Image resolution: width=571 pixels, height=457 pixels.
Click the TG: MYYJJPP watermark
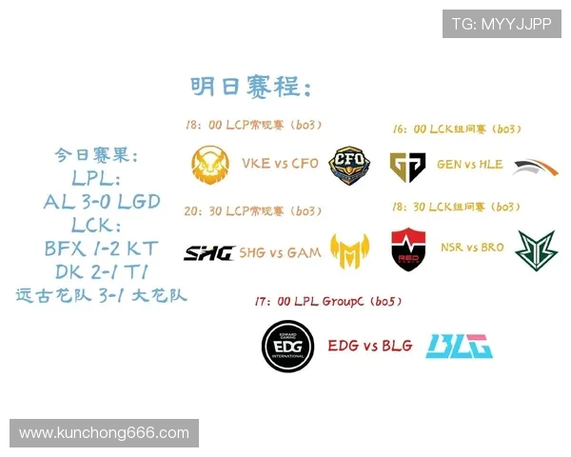(502, 23)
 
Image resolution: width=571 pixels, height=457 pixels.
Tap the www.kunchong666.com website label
(104, 433)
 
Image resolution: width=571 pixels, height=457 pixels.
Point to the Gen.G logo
(407, 166)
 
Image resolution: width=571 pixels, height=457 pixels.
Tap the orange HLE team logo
(536, 168)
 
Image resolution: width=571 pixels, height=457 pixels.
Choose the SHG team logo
(208, 252)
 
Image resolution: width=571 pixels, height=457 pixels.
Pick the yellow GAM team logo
(349, 251)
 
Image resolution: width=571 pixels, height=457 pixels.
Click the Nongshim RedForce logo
(408, 249)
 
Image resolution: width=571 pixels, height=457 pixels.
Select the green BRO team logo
(536, 250)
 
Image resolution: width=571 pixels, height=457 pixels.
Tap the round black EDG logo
(288, 347)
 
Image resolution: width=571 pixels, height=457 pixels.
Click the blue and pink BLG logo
(460, 346)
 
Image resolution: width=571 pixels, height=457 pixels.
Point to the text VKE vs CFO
(280, 164)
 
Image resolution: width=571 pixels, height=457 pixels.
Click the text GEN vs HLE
(469, 164)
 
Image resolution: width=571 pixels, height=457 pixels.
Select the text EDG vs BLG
(370, 346)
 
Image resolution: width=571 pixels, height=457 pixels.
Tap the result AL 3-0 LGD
(102, 202)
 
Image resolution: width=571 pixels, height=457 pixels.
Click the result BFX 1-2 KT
(102, 249)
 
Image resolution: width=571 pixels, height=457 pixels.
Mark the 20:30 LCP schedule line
(254, 210)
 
